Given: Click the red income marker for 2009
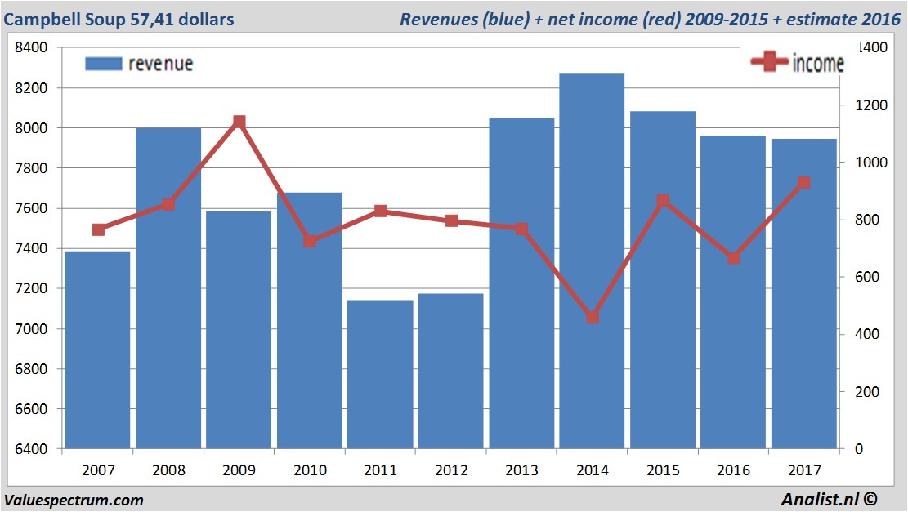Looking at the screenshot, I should click(239, 122).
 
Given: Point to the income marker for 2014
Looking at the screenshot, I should click(593, 317).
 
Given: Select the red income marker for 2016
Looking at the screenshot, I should click(734, 258).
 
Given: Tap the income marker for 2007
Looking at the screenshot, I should click(98, 229).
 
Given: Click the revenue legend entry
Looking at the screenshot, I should click(139, 64).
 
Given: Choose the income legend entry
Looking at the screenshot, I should click(797, 64).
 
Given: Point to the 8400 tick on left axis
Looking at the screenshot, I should click(33, 47).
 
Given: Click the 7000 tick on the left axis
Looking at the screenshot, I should click(33, 329).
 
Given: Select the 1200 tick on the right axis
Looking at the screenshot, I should click(862, 105).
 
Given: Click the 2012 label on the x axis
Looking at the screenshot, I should click(451, 470).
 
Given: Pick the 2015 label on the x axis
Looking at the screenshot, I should click(663, 470).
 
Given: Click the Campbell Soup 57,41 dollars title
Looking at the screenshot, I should click(119, 19).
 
